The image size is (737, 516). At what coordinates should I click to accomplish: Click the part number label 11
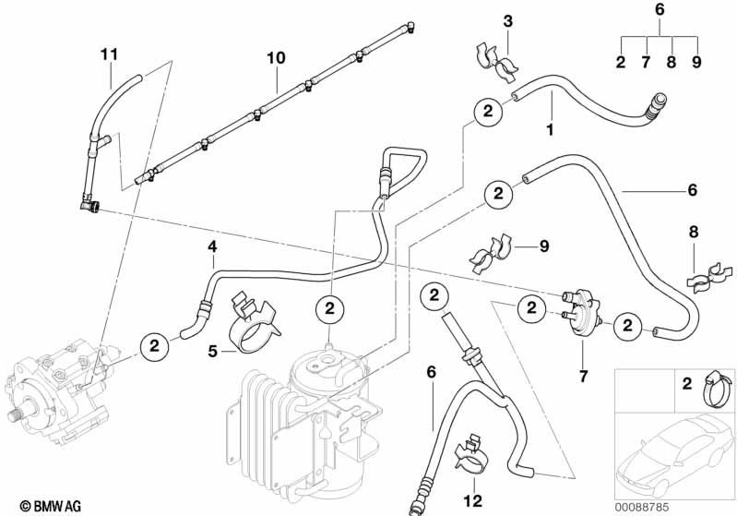[110, 54]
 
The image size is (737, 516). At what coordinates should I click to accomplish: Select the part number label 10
[276, 58]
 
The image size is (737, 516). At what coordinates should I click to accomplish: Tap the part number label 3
[506, 21]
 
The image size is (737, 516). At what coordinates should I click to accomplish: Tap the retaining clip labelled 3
[496, 59]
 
